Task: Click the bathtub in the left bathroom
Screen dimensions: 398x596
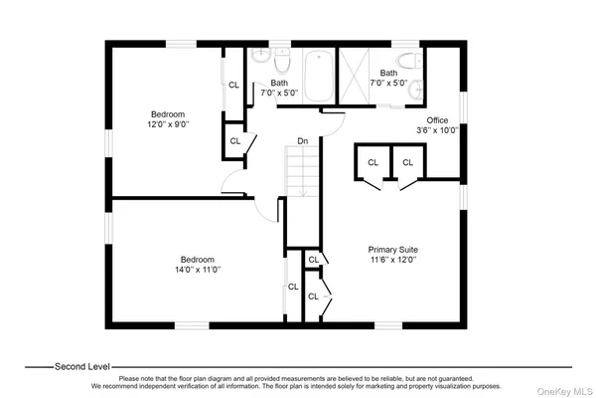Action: [x=321, y=75]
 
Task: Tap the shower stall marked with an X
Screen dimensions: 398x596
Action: [x=355, y=76]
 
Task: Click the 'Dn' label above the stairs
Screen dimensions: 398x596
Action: [x=304, y=141]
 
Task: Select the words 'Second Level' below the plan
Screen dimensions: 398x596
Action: [x=82, y=365]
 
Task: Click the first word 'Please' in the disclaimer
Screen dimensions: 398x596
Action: [x=130, y=379]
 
